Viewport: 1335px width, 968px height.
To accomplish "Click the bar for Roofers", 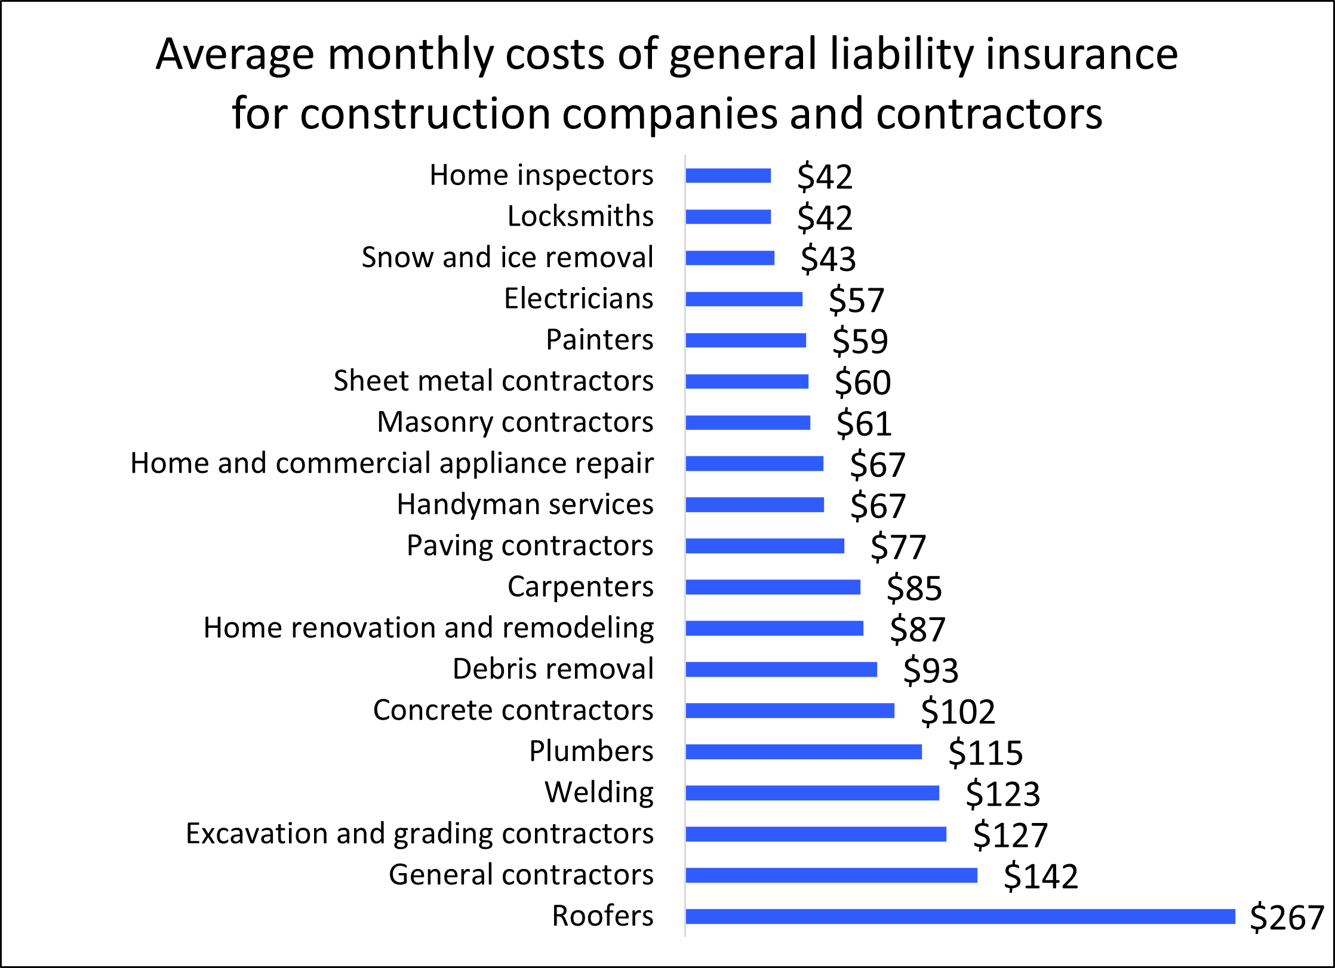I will (x=960, y=916).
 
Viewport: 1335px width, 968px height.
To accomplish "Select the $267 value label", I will (x=1287, y=917).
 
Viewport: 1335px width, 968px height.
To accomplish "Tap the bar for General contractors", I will (x=831, y=875).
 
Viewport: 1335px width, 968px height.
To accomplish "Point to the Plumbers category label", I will (x=591, y=751).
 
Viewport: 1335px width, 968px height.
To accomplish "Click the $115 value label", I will (x=985, y=753).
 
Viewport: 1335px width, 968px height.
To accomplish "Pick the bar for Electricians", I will (x=744, y=299).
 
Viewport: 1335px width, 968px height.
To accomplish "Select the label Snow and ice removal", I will (x=507, y=257).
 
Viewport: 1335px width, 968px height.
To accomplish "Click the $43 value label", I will (x=828, y=258).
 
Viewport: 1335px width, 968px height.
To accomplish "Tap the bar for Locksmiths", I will (x=728, y=217).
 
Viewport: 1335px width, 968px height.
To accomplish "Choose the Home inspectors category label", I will (x=541, y=175).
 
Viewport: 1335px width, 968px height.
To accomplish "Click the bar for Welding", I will (x=812, y=793).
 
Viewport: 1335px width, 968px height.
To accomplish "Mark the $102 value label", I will (x=958, y=711).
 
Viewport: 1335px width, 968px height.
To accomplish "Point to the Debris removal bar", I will (x=781, y=670).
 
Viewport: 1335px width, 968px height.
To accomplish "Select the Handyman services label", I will (x=525, y=504).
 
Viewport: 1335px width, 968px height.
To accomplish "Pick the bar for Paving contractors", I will (x=765, y=546).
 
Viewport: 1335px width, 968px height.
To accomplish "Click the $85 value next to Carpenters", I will (x=914, y=588).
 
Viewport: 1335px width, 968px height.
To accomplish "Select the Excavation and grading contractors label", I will (x=420, y=834).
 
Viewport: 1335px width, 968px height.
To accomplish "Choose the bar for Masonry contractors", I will (x=748, y=423).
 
